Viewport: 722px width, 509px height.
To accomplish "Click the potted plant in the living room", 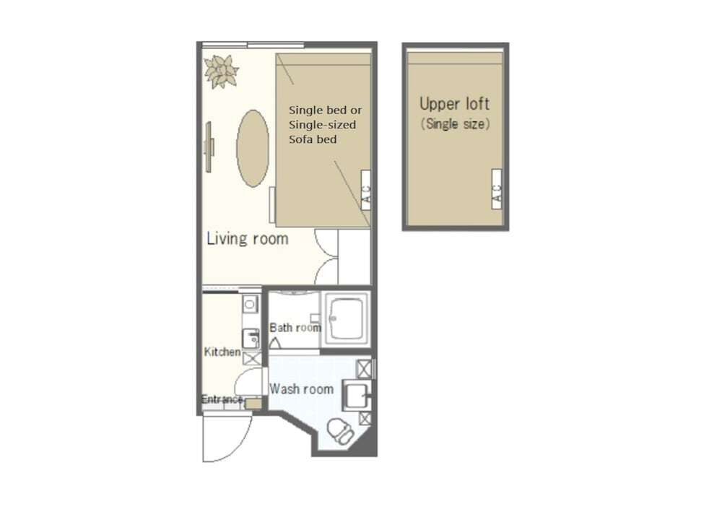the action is pos(222,71).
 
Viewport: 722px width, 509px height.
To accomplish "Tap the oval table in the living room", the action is pos(253,148).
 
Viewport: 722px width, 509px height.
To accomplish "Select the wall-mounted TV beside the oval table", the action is pos(209,147).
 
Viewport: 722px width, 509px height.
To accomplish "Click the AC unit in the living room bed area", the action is pos(365,190).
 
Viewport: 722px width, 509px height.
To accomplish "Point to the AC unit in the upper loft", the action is pos(497,189).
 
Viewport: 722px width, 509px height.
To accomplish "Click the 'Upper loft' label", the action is pos(454,104).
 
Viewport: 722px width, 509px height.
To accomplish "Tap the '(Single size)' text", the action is pos(455,124).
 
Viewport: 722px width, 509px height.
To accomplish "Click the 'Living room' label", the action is pos(247,238).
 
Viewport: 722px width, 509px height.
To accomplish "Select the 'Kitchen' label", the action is pos(222,352).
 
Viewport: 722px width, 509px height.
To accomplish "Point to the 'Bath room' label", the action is pos(295,328).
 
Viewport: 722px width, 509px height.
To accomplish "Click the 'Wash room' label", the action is pos(301,388).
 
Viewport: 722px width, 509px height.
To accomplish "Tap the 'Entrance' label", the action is pos(222,399).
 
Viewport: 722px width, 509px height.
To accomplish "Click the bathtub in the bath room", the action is pos(347,319).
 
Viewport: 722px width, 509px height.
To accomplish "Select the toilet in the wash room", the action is pos(341,431).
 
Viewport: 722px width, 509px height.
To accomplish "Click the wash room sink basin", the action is pos(357,396).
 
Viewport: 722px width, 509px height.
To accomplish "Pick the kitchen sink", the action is pos(251,339).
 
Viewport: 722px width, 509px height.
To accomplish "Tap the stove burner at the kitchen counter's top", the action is pos(250,304).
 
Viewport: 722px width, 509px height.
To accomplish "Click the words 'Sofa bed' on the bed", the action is pos(313,139).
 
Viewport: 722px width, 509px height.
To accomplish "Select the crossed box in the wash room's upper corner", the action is pos(364,369).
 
